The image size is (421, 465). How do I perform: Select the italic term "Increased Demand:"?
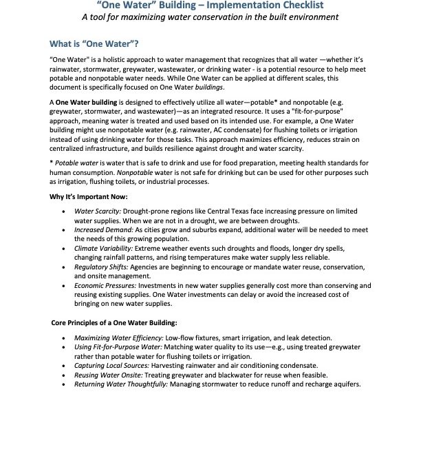[x=100, y=236]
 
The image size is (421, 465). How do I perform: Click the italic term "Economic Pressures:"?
[x=104, y=303]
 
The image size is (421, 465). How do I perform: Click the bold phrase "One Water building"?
[x=83, y=101]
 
